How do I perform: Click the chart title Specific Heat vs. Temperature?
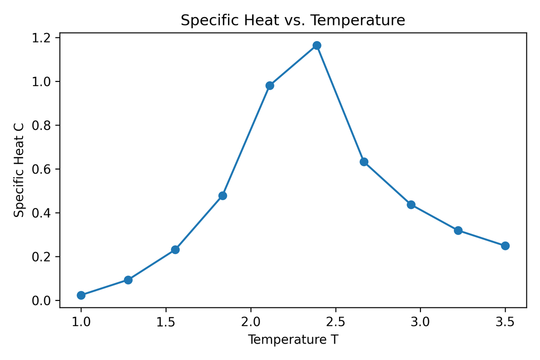click(x=292, y=20)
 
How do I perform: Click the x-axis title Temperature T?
click(x=292, y=340)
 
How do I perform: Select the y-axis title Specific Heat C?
click(x=19, y=169)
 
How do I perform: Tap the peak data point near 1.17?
click(x=316, y=45)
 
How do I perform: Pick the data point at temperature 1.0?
click(x=81, y=295)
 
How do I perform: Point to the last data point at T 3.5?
click(x=505, y=245)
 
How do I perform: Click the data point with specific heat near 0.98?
click(x=269, y=85)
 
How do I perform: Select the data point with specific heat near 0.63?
click(x=364, y=161)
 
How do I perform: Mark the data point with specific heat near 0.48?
click(x=222, y=195)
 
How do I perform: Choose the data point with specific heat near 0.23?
click(x=175, y=249)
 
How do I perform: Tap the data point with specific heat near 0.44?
click(x=411, y=204)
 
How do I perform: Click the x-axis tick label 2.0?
click(x=250, y=320)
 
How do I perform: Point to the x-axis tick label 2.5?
click(x=335, y=320)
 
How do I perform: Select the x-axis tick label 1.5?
click(x=166, y=320)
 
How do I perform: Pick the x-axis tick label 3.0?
click(x=420, y=320)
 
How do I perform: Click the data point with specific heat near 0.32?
click(x=458, y=230)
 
